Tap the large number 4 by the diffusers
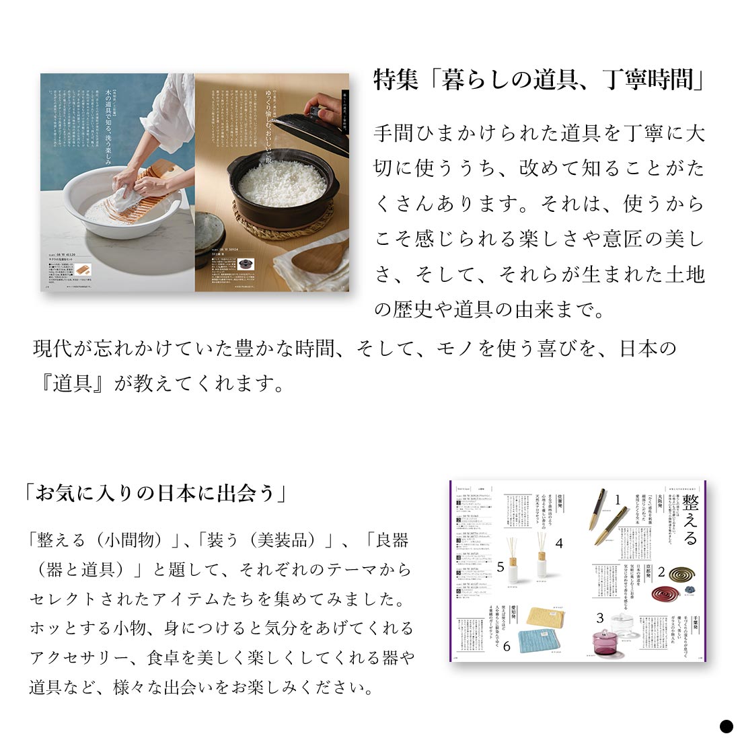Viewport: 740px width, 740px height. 558,543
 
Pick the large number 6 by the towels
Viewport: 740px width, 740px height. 507,646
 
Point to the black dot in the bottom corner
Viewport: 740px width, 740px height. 726,726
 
